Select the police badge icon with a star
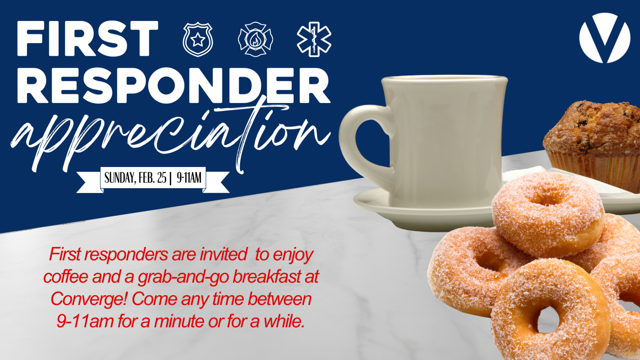(198, 39)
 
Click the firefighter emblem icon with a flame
(255, 39)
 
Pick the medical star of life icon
(314, 39)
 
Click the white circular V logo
(604, 38)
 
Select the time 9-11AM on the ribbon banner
(189, 178)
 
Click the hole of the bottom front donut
(548, 318)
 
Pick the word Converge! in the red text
(89, 299)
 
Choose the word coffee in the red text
(66, 277)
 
